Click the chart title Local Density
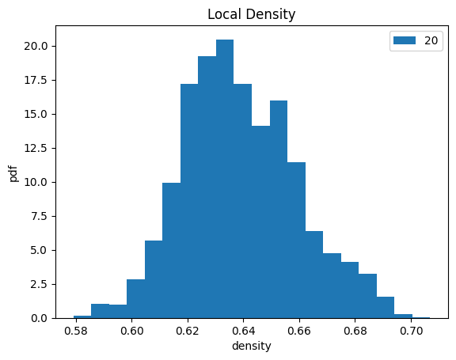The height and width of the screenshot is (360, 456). (251, 14)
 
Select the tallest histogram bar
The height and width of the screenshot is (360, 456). (225, 179)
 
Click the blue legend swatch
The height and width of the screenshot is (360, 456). (405, 40)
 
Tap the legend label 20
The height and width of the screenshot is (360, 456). (431, 40)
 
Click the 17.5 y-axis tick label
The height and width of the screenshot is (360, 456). (36, 80)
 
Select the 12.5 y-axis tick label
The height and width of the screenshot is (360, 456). (36, 148)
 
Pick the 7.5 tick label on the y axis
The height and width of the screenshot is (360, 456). (39, 216)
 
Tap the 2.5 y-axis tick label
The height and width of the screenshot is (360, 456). (39, 284)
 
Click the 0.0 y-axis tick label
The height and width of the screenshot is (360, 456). (39, 318)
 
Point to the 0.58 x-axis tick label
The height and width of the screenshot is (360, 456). (76, 331)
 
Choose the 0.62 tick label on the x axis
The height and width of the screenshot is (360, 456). (188, 331)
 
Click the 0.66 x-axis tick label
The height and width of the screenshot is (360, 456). (299, 331)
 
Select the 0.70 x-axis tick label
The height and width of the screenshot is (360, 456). (411, 331)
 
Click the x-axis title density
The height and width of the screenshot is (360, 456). (252, 346)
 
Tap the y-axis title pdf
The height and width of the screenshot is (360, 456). (13, 174)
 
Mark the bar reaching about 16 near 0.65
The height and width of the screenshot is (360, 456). (279, 210)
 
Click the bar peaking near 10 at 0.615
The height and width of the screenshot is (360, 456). (172, 251)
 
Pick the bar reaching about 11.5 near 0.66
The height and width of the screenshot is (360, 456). (296, 241)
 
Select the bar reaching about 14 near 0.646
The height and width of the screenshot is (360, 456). (261, 222)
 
